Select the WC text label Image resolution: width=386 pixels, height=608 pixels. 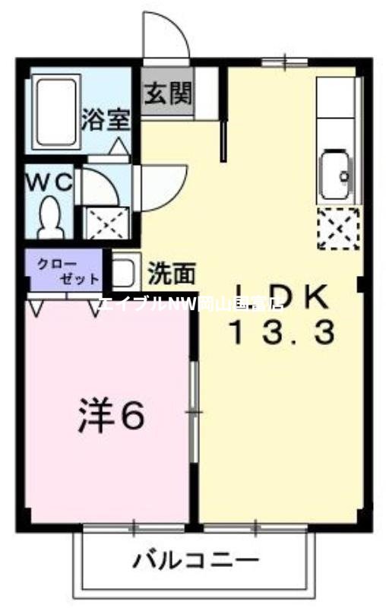click(x=49, y=182)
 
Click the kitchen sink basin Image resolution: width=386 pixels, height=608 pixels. click(x=336, y=176)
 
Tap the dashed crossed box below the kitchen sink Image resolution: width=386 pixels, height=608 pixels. click(x=337, y=228)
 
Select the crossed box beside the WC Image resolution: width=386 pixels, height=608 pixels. click(x=101, y=223)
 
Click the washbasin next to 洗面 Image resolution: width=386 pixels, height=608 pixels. click(x=125, y=271)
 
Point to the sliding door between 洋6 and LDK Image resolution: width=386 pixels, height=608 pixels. click(x=195, y=410)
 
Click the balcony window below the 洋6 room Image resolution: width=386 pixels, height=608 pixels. click(x=135, y=525)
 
